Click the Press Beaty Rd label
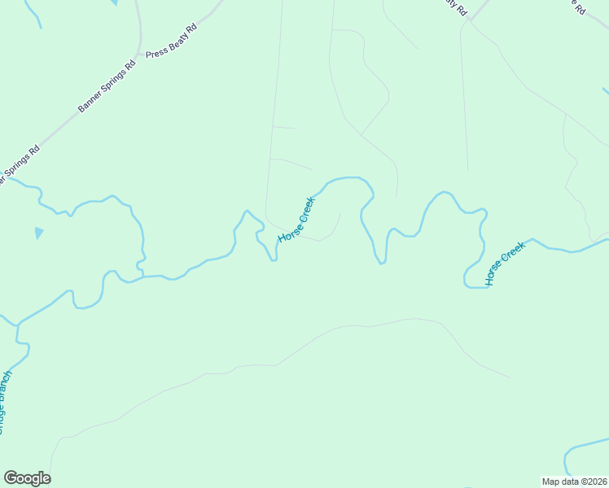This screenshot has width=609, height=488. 172,41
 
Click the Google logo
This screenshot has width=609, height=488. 27,478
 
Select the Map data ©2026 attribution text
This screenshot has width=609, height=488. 574,481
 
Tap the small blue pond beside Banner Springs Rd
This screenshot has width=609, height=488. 39,233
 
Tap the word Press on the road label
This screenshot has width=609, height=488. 156,50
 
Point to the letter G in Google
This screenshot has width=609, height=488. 10,478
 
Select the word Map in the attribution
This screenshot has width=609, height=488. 551,481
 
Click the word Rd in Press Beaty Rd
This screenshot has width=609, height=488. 191,28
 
